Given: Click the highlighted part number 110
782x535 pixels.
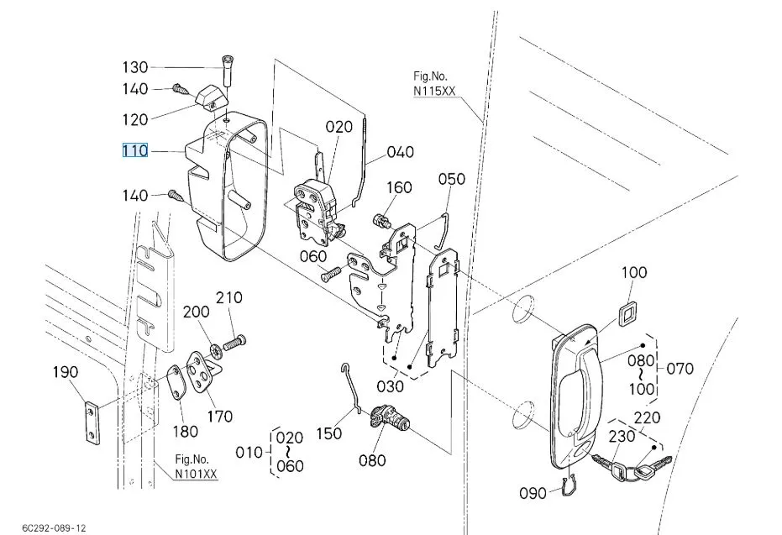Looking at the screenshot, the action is pos(135,150).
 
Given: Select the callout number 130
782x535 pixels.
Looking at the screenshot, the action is pos(135,67).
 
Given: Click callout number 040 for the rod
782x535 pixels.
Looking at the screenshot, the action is pos(401,151).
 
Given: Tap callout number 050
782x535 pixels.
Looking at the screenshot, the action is pos(452,179).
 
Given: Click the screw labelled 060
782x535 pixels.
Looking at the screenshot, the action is pos(330,274).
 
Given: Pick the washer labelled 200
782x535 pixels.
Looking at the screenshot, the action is pos(217,351).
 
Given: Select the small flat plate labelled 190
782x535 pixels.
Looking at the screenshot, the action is pos(91,422).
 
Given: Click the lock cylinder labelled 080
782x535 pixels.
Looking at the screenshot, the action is pos(390,417).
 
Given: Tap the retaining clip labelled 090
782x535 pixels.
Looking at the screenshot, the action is pos(569,485).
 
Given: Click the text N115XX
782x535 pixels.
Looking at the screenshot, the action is pos(434,91).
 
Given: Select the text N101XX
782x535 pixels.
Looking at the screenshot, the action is pos(196,473).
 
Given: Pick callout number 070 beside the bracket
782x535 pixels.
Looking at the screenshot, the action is pos(680,369).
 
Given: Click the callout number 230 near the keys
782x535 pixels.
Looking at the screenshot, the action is pos(622,436).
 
